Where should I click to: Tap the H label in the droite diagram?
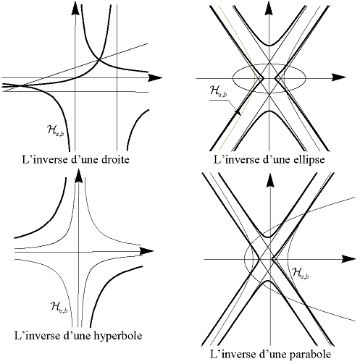(56, 131)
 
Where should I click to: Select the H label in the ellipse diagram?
(218, 91)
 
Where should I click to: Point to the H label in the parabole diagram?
(300, 273)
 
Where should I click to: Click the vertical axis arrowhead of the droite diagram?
(75, 9)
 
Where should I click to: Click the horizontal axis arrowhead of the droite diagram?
(155, 78)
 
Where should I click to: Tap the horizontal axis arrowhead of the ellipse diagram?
(339, 77)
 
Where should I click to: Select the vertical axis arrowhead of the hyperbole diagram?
(79, 175)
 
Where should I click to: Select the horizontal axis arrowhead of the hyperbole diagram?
(146, 251)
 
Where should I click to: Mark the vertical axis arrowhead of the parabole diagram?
(270, 180)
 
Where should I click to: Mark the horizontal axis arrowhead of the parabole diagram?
(349, 258)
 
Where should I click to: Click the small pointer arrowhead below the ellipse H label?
(238, 112)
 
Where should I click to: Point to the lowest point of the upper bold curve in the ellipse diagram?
(269, 46)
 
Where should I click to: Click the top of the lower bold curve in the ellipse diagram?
(269, 111)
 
